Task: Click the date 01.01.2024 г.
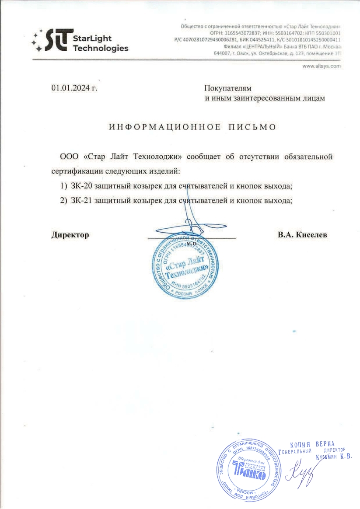pyautogui.click(x=74, y=88)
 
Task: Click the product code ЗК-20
pyautogui.click(x=80, y=186)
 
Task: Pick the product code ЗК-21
pyautogui.click(x=80, y=201)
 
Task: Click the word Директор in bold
pyautogui.click(x=70, y=235)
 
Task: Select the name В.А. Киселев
pyautogui.click(x=302, y=235)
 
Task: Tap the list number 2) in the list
pyautogui.click(x=63, y=201)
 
